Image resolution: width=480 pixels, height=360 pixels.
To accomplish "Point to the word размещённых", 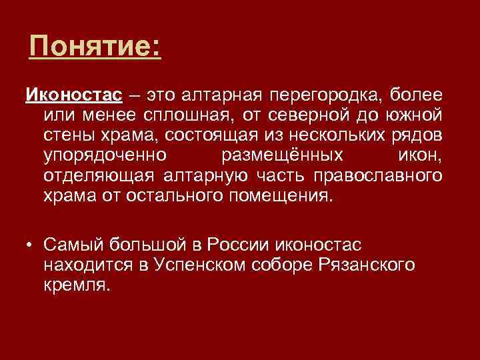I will pos(281,157).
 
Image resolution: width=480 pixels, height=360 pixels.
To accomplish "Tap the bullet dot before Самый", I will pos(31,245).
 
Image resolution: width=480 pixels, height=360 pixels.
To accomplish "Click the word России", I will pos(243,245).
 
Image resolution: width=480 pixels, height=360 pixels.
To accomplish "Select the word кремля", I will pos(75,287).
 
